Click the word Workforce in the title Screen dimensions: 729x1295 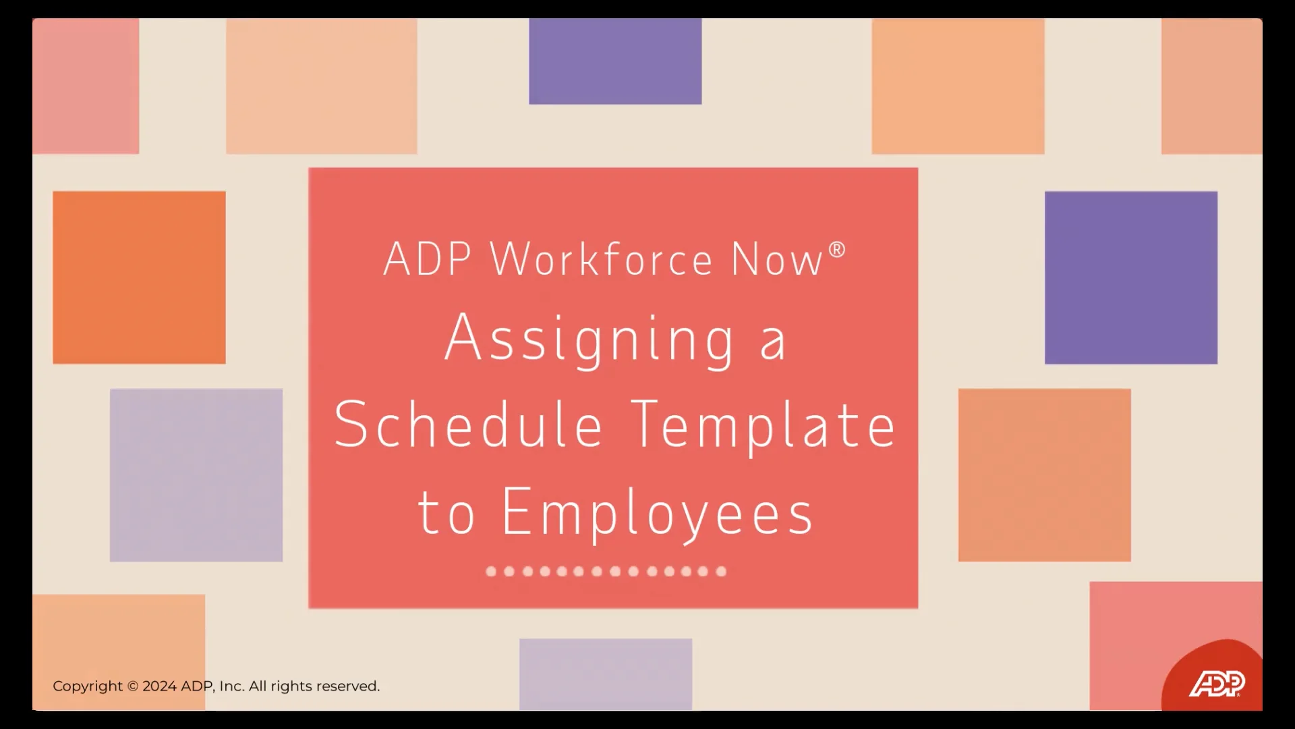(601, 259)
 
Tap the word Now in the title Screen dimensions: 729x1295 (777, 259)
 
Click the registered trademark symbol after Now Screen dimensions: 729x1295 (836, 250)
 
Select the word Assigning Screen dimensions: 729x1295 (589, 340)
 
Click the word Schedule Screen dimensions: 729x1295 (468, 425)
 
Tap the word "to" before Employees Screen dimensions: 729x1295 (446, 513)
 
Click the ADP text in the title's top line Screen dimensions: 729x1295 (427, 259)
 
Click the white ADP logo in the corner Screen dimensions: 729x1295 (1217, 684)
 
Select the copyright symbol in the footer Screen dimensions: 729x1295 (133, 686)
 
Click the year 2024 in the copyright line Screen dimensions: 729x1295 (160, 686)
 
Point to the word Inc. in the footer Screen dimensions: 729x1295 (231, 686)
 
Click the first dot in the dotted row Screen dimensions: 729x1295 (491, 572)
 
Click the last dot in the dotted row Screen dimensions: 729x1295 (721, 572)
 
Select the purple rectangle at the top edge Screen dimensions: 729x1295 (615, 61)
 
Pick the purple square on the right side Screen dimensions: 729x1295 (1131, 277)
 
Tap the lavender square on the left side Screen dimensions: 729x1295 (196, 475)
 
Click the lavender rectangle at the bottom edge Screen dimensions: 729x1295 (606, 674)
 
